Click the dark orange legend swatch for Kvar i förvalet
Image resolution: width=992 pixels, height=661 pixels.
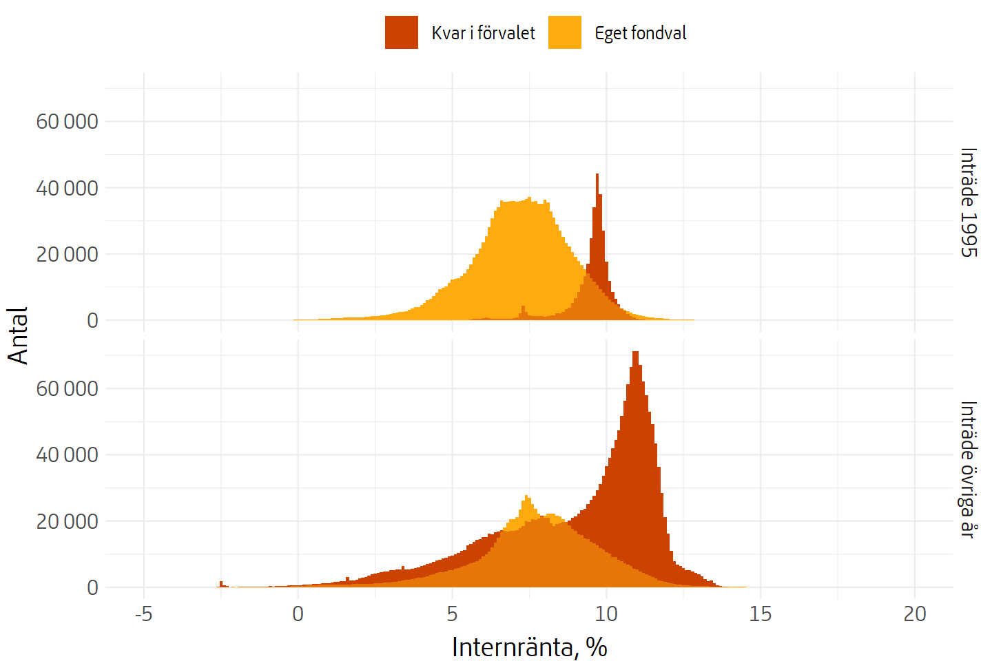[402, 32]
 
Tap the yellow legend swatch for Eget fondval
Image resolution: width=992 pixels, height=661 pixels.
[565, 32]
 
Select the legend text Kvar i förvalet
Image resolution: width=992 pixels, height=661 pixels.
[483, 33]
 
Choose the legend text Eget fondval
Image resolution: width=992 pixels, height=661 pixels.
[641, 33]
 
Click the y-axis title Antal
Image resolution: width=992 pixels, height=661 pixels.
[19, 335]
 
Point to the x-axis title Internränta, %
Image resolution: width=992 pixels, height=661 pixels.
[529, 647]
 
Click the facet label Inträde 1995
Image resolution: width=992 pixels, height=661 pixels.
[969, 202]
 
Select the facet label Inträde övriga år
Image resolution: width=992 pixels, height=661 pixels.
[969, 470]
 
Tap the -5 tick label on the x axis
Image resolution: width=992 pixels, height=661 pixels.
[143, 614]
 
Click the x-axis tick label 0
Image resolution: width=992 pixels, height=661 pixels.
[298, 614]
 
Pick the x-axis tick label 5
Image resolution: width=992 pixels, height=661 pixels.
[452, 614]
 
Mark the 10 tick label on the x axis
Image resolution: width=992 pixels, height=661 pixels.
[606, 614]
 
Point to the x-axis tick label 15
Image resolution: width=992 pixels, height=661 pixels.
[761, 614]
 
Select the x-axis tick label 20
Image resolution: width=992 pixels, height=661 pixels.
[915, 614]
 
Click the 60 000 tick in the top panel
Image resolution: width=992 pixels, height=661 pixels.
[67, 122]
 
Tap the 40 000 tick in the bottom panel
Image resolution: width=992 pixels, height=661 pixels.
[67, 455]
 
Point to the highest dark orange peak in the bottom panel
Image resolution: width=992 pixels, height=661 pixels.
[635, 353]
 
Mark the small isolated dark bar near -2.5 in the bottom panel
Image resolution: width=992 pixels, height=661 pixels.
[221, 584]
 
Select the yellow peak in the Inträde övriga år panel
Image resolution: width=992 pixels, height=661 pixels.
[527, 497]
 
